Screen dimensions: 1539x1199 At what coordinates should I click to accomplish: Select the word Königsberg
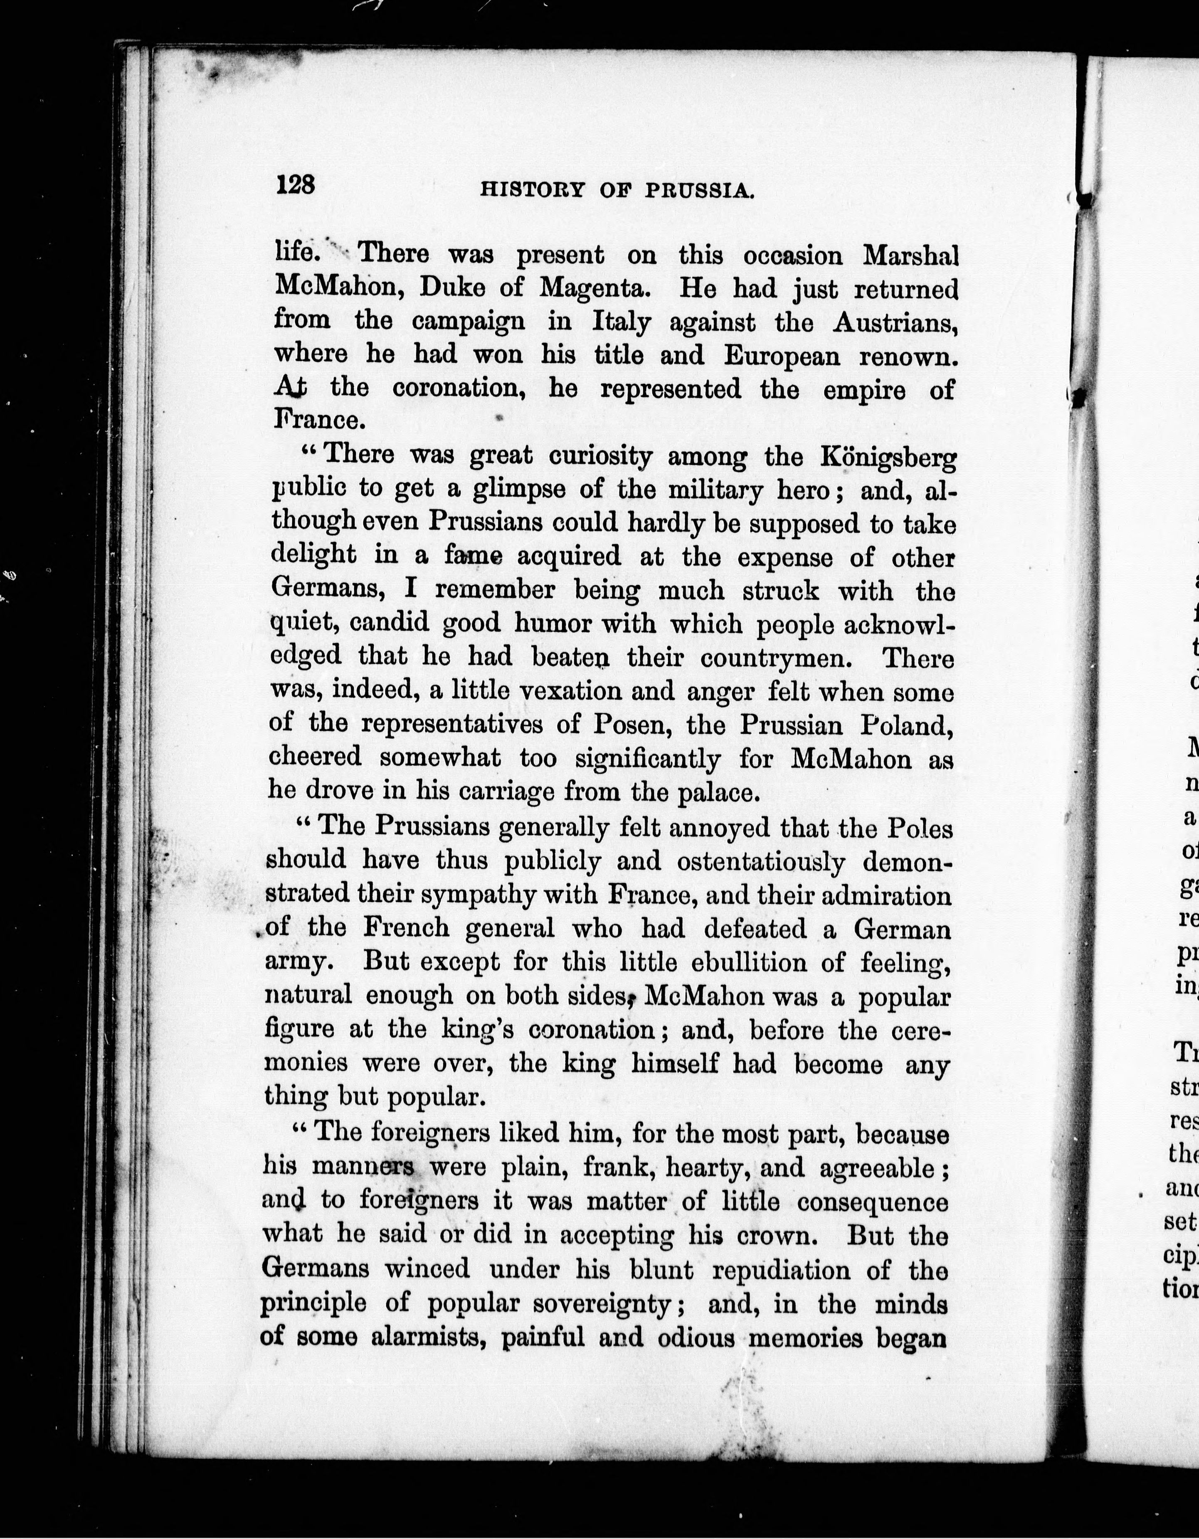888,459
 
